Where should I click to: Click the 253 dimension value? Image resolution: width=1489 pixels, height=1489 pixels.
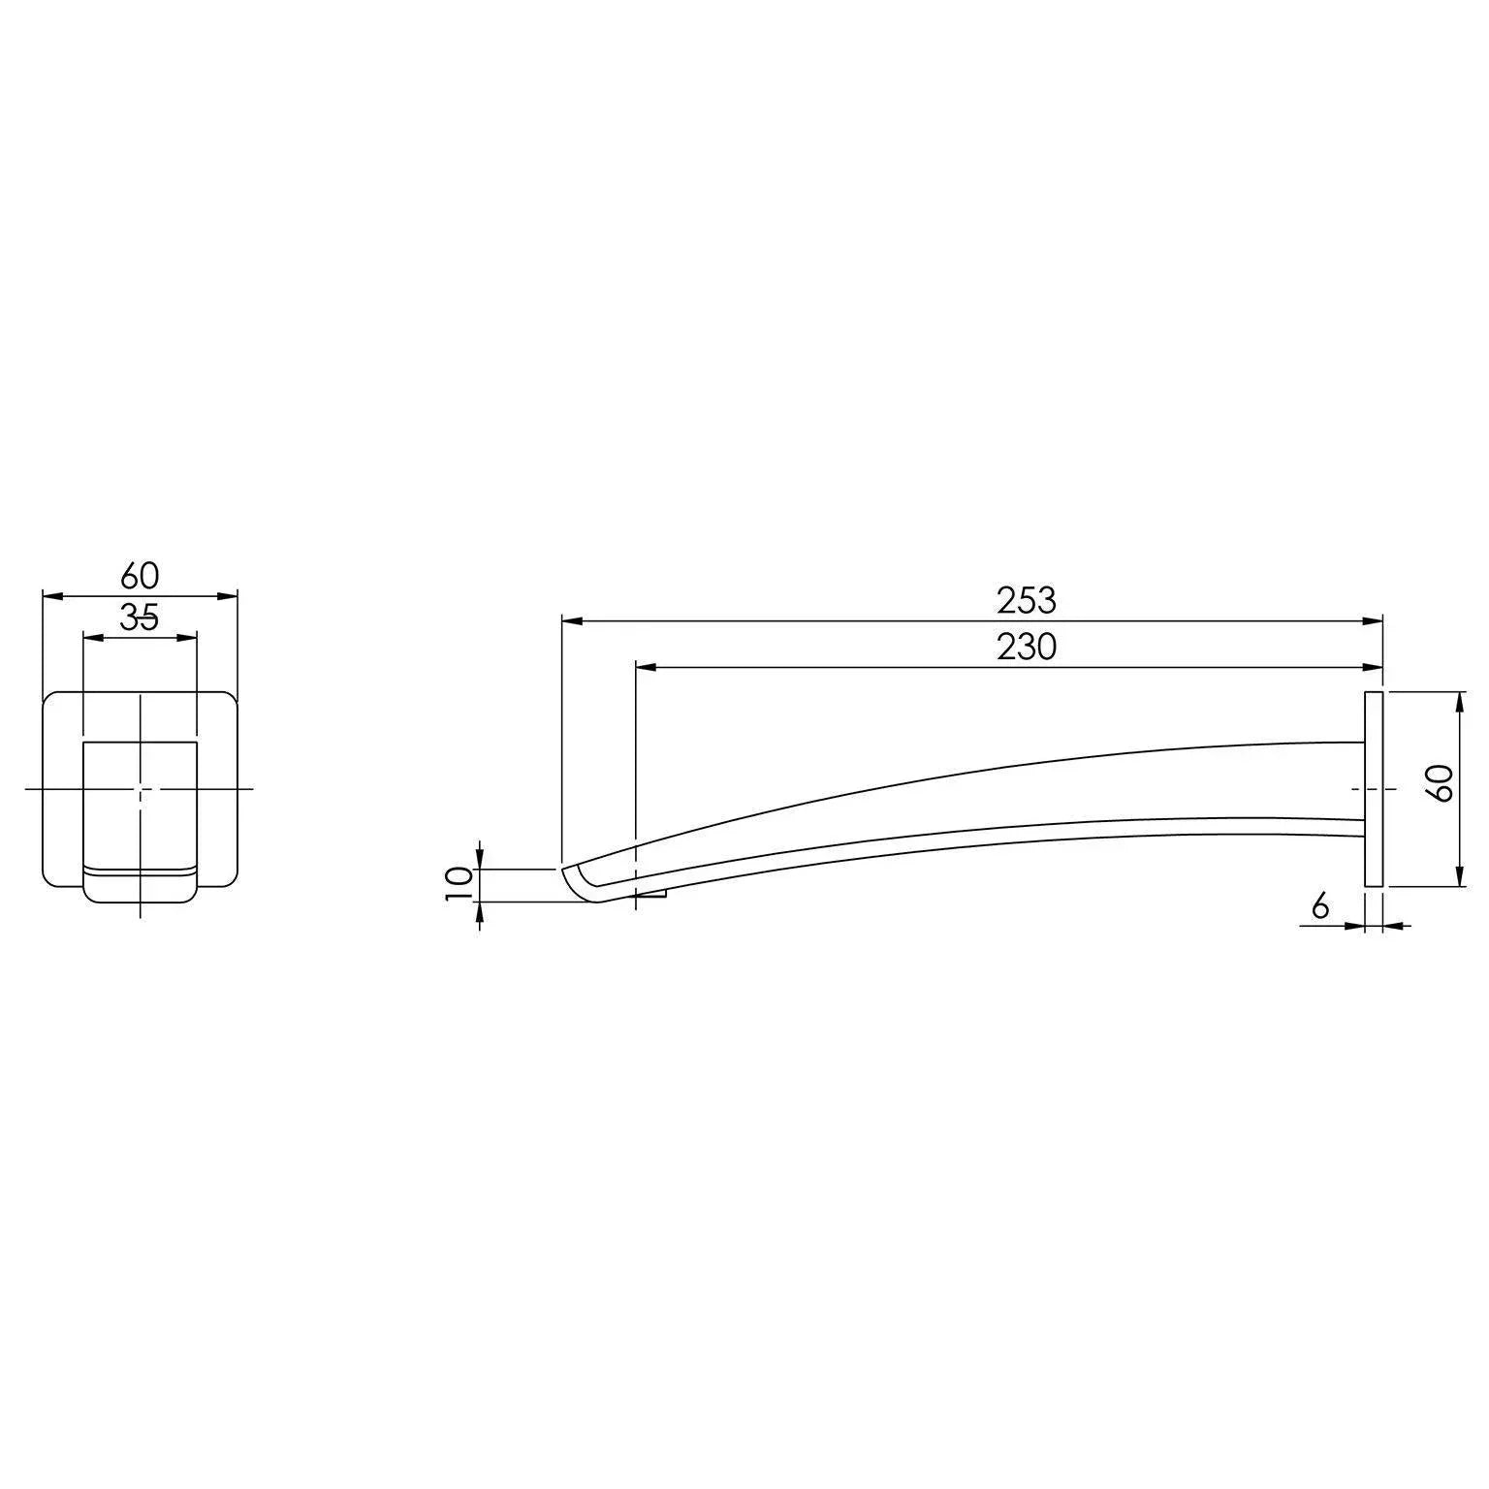pos(1026,601)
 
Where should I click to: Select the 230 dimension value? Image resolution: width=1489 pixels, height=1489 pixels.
pos(1026,647)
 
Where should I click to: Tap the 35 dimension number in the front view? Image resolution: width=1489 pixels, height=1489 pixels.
pos(140,618)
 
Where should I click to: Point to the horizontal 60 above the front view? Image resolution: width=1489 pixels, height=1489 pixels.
pos(140,576)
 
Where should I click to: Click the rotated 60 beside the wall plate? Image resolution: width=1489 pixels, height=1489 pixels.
pos(1442,782)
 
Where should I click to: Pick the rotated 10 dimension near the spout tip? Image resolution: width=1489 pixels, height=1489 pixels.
pos(459,884)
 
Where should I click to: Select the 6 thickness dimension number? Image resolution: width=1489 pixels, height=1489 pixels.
pos(1319,907)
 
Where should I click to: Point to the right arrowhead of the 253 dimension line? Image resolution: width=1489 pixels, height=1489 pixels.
pos(1374,620)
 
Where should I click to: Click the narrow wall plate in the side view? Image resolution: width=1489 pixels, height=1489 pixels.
pos(1373,788)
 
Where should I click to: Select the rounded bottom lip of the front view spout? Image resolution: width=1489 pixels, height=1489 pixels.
pos(141,890)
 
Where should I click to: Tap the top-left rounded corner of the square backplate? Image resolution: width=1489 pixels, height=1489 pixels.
pos(52,699)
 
